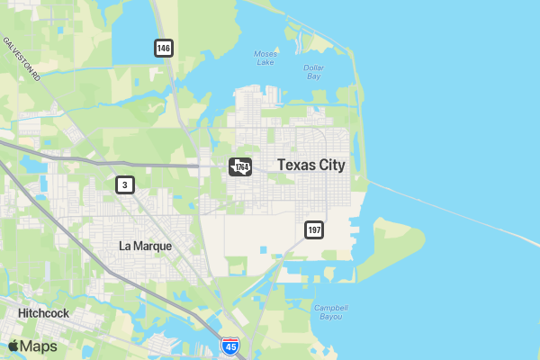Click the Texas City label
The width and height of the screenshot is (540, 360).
tap(311, 165)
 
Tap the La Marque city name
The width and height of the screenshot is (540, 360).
tap(145, 246)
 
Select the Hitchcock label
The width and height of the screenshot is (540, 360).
tap(43, 313)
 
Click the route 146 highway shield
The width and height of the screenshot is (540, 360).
tap(163, 48)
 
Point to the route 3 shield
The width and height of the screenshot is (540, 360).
tap(125, 185)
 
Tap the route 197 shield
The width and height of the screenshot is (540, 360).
tap(313, 230)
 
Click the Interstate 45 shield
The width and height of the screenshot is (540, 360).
tap(230, 346)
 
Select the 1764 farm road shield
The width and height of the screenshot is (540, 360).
tap(239, 167)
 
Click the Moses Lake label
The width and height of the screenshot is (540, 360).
tap(265, 58)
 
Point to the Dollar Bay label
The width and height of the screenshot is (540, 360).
tap(313, 73)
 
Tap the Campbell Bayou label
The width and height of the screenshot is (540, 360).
tap(331, 312)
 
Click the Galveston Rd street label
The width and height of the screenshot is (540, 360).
tap(22, 59)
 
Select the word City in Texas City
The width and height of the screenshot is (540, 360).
tap(329, 165)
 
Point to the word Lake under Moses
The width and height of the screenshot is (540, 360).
tap(265, 63)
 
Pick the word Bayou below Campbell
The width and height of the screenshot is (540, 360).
tap(331, 317)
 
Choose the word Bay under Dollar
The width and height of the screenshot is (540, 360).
tap(313, 77)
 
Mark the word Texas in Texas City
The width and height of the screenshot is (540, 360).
tap(295, 165)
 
